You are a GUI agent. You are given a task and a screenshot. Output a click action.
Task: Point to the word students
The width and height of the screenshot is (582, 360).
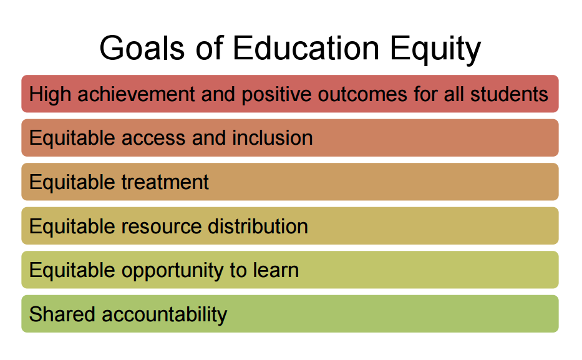pos(509,94)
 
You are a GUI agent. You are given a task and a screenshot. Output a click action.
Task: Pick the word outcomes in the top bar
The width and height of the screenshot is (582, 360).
pos(361,94)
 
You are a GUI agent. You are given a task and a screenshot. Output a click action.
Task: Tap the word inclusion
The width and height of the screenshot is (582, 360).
pos(273,138)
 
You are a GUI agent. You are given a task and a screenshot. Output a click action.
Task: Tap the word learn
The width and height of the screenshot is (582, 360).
pos(274,270)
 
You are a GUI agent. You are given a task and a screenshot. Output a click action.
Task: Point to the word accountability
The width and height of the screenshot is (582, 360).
pos(165,314)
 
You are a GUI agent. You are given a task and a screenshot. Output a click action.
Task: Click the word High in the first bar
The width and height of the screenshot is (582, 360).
pos(48,94)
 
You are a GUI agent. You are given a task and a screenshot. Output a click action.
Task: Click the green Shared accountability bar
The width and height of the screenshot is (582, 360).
pos(387,314)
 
